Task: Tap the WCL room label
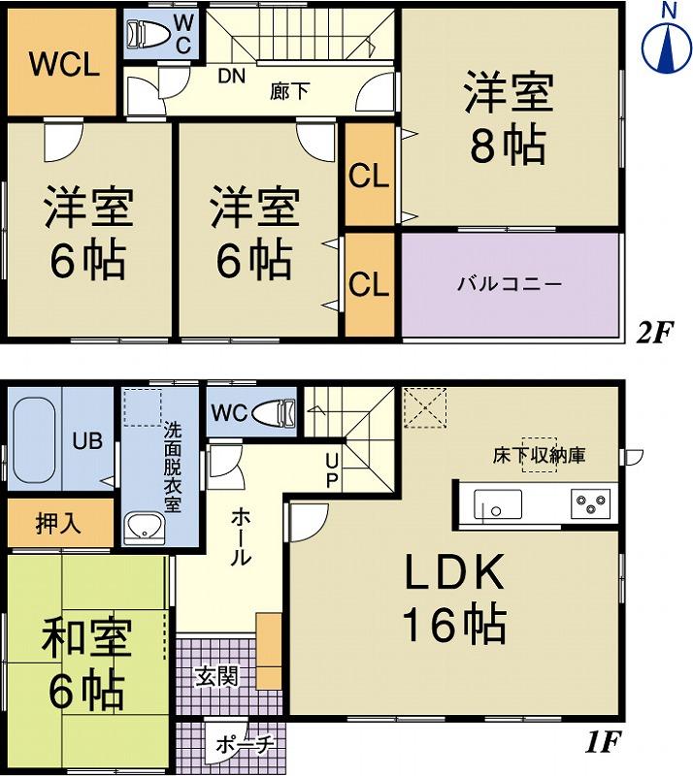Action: (63, 65)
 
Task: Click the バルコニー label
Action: (510, 285)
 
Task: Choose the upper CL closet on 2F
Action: (369, 177)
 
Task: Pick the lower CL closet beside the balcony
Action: (369, 284)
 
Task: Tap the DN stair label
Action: (230, 76)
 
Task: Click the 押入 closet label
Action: (58, 524)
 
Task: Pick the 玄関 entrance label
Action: (215, 676)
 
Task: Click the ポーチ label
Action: (243, 747)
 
